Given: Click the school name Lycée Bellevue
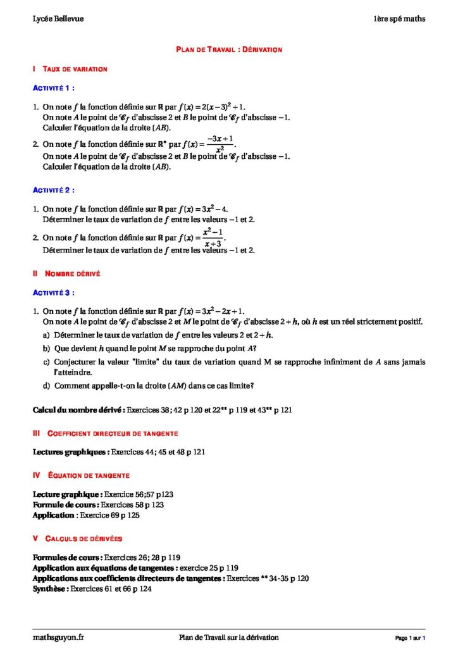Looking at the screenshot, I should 58,19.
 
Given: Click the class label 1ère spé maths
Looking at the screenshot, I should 399,19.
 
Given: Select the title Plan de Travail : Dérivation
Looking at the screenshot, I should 228,49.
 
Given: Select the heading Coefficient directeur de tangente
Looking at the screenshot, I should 113,433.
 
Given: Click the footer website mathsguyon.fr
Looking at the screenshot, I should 58,637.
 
